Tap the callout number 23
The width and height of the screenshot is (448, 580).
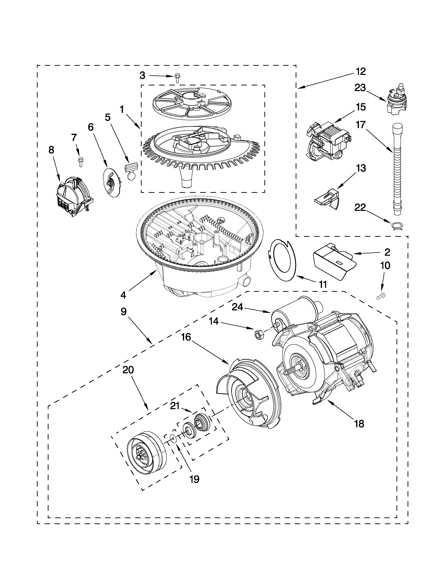pyautogui.click(x=360, y=88)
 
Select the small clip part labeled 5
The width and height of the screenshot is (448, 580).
pyautogui.click(x=131, y=171)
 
